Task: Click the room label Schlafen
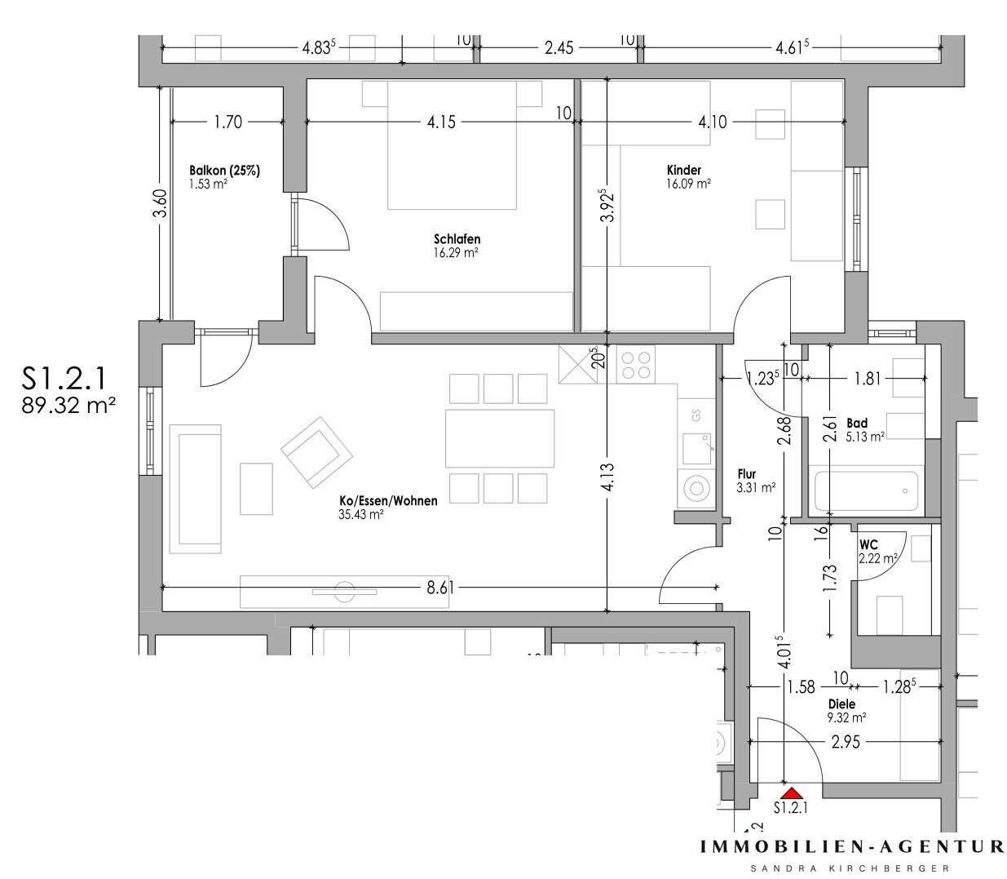point(457,239)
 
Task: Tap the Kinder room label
point(683,170)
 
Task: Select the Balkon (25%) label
point(224,170)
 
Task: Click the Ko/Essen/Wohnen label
point(387,501)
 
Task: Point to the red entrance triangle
point(789,791)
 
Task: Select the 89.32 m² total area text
point(68,405)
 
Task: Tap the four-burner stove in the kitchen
point(636,363)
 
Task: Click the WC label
point(868,544)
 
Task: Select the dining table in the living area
point(499,438)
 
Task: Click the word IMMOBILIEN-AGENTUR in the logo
point(852,848)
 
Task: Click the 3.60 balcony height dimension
point(161,202)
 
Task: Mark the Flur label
point(745,474)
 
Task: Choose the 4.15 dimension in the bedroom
point(440,122)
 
